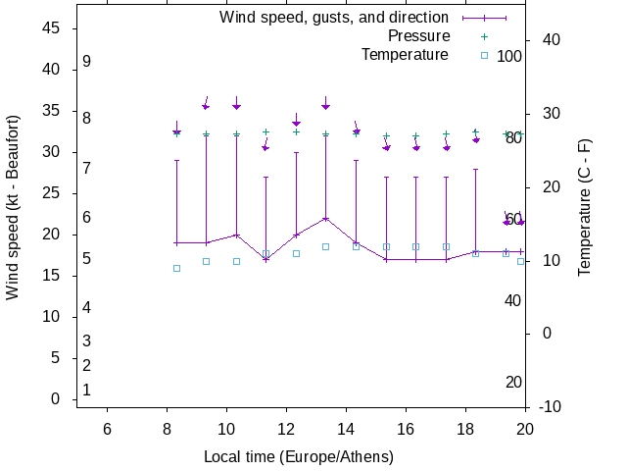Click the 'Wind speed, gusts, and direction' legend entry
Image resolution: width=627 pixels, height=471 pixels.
333,18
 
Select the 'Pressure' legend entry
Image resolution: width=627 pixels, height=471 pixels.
418,36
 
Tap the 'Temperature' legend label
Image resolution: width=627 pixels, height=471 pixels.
405,55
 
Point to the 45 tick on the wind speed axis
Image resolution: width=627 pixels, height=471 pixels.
54,28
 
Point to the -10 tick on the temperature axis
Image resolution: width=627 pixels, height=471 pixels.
551,406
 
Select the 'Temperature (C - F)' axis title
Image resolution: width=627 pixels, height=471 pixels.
585,207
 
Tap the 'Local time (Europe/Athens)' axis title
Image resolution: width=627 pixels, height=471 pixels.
299,457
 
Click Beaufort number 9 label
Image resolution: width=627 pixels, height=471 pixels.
87,61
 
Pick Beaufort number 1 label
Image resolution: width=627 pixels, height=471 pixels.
87,390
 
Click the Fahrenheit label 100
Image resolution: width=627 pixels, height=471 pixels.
509,56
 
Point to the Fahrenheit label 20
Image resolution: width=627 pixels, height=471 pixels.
513,382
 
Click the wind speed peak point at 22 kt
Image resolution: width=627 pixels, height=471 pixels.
325,218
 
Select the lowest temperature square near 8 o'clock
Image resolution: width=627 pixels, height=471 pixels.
176,268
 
